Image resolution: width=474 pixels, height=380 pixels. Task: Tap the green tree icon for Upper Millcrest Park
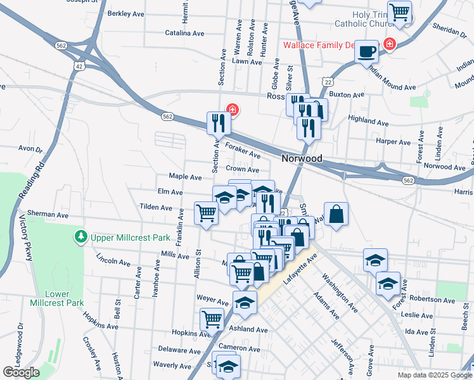[x=80, y=237]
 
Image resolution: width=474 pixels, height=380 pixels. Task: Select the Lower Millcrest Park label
[x=56, y=298]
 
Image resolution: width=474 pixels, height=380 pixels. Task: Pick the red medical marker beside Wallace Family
[x=389, y=44]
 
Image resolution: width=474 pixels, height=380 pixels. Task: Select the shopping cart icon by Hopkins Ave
[x=212, y=318]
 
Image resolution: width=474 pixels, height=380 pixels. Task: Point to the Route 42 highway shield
[x=78, y=66]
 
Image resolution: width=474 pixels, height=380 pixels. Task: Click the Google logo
[x=21, y=372]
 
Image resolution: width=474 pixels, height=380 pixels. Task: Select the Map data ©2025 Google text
[x=433, y=375]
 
